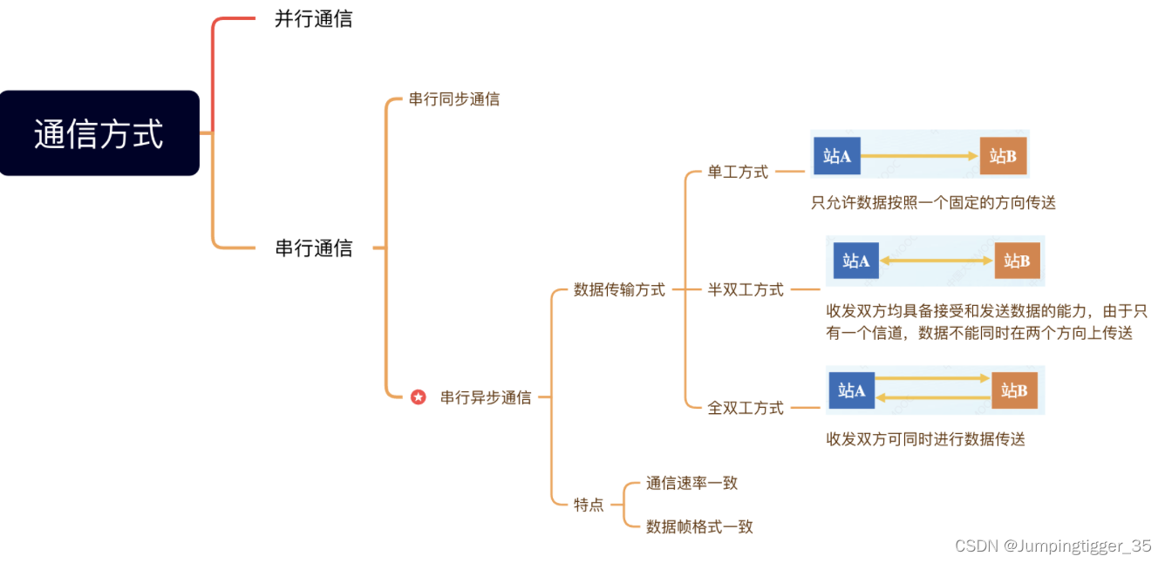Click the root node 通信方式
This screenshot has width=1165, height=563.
pyautogui.click(x=99, y=133)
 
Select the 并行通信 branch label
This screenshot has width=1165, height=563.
pyautogui.click(x=314, y=19)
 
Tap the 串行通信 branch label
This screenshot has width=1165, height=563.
pyautogui.click(x=314, y=248)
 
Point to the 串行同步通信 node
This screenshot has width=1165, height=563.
pyautogui.click(x=454, y=99)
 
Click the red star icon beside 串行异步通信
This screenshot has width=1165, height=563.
pyautogui.click(x=419, y=397)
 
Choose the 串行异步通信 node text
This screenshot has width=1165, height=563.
pyautogui.click(x=486, y=397)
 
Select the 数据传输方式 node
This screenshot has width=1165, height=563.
pyautogui.click(x=619, y=290)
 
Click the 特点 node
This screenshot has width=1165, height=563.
pyautogui.click(x=589, y=505)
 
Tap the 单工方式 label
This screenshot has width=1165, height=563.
pyautogui.click(x=738, y=173)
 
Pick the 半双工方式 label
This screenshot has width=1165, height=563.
pyautogui.click(x=746, y=290)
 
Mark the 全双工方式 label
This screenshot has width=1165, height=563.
pyautogui.click(x=746, y=408)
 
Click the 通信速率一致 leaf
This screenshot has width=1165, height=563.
pyautogui.click(x=692, y=483)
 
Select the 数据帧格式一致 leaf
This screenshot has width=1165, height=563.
pyautogui.click(x=699, y=526)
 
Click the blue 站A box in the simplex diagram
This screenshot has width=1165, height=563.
pyautogui.click(x=837, y=156)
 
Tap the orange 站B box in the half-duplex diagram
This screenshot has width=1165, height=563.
pyautogui.click(x=1017, y=261)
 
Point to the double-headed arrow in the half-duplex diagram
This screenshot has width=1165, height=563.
pyautogui.click(x=937, y=261)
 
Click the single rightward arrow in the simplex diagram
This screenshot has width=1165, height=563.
pyautogui.click(x=920, y=156)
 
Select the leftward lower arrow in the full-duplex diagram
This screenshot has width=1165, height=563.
pyautogui.click(x=933, y=397)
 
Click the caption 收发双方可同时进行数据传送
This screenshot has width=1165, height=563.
pyautogui.click(x=925, y=439)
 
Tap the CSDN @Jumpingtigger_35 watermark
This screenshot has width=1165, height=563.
pyautogui.click(x=1053, y=546)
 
